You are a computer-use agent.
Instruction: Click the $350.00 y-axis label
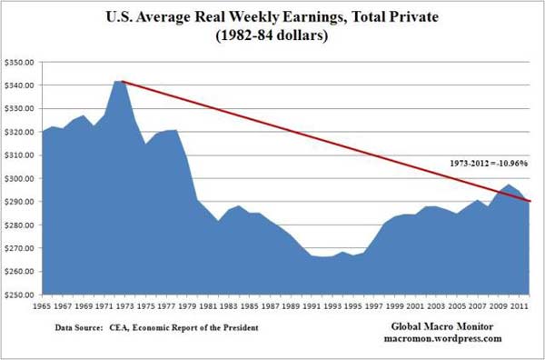[x=19, y=62]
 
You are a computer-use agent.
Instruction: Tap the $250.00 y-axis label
[x=19, y=295]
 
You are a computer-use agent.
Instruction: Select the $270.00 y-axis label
[x=19, y=248]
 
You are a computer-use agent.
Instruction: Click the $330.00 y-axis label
[x=19, y=108]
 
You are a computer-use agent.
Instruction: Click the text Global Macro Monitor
[x=448, y=325]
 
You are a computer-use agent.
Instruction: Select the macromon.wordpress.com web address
[x=448, y=338]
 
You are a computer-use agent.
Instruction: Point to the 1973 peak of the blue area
[x=118, y=81]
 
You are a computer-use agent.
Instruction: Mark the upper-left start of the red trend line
[x=122, y=81]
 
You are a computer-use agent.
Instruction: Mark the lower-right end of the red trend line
[x=531, y=201]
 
